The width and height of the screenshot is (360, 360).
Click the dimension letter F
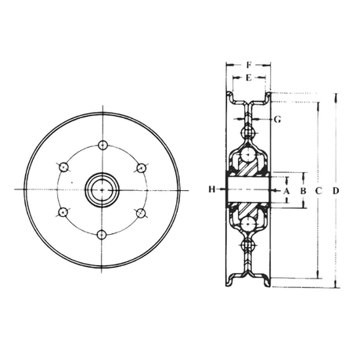[x=250, y=65]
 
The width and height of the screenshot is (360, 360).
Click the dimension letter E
[x=249, y=77]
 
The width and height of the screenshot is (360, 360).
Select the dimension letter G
[x=278, y=120]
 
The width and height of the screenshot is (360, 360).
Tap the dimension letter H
[x=212, y=189]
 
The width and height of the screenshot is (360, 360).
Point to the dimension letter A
[x=286, y=191]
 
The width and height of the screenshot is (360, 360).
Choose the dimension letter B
[x=303, y=191]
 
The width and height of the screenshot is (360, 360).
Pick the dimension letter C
[x=319, y=191]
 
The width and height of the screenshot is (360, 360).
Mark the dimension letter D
[x=336, y=191]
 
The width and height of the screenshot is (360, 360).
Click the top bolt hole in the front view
[x=103, y=145]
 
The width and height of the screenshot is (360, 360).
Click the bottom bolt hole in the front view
[x=102, y=235]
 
